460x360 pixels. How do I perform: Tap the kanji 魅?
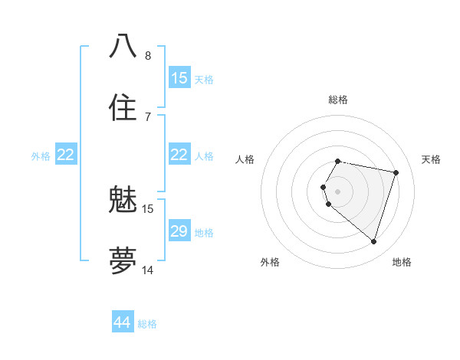pyautogui.click(x=123, y=201)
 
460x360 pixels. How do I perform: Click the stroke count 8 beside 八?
pyautogui.click(x=148, y=55)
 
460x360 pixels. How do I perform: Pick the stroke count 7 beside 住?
pyautogui.click(x=148, y=116)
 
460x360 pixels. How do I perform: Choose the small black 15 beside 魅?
pyautogui.click(x=148, y=208)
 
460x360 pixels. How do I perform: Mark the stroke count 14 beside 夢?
pyautogui.click(x=148, y=270)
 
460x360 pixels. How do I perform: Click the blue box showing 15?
pyautogui.click(x=179, y=77)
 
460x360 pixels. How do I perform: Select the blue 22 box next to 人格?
pyautogui.click(x=179, y=155)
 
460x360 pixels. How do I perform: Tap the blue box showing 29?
pyautogui.click(x=179, y=231)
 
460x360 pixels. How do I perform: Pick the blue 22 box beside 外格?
pyautogui.click(x=66, y=155)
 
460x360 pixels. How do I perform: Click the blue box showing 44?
pyautogui.click(x=122, y=322)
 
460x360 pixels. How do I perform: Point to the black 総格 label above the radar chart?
pyautogui.click(x=338, y=100)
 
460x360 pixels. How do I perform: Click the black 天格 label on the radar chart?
pyautogui.click(x=431, y=159)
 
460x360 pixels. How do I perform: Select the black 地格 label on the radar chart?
pyautogui.click(x=402, y=262)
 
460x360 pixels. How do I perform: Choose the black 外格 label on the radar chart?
pyautogui.click(x=270, y=262)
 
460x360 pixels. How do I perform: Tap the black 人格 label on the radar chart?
pyautogui.click(x=245, y=159)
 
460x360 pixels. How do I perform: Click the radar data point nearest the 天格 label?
pyautogui.click(x=396, y=172)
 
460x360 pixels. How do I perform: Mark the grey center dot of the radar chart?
pyautogui.click(x=338, y=191)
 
